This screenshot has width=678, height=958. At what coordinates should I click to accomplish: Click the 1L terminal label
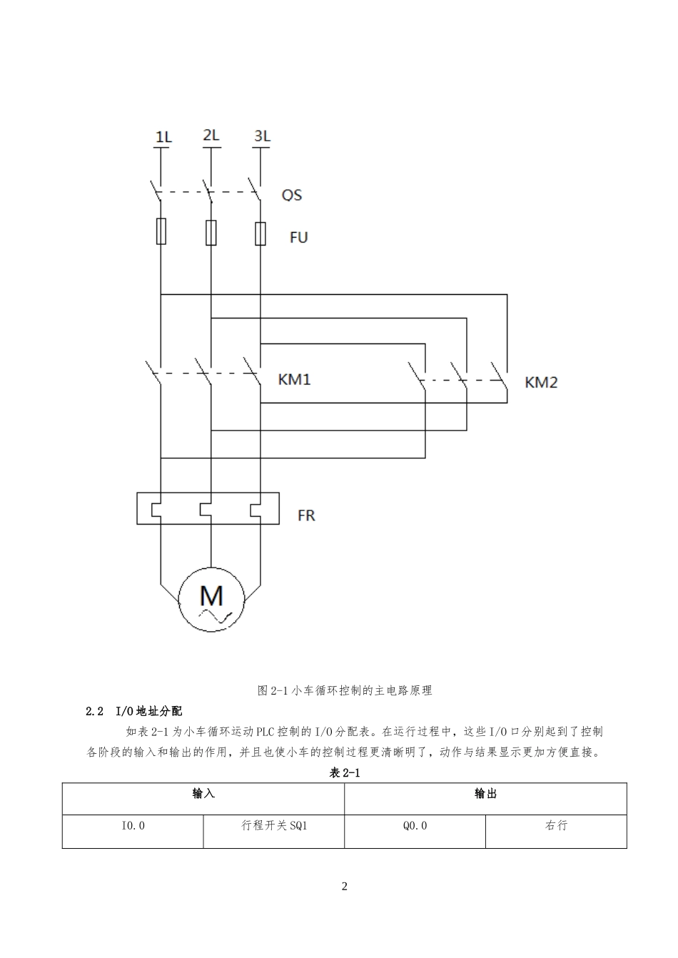[x=163, y=137]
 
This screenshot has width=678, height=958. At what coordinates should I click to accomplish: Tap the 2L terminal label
[x=211, y=135]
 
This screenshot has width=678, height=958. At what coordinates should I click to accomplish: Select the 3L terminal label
[x=262, y=136]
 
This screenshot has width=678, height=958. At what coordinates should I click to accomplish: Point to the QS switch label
[x=292, y=195]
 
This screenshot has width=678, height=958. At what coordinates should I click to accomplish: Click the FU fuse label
[x=299, y=238]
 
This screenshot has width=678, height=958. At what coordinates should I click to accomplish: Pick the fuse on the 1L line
[x=161, y=231]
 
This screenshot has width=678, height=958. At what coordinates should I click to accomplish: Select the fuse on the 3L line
[x=260, y=233]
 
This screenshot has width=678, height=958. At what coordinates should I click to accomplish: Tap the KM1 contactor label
[x=294, y=379]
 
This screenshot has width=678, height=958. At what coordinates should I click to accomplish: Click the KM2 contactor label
[x=541, y=382]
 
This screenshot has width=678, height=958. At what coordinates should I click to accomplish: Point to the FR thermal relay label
[x=306, y=515]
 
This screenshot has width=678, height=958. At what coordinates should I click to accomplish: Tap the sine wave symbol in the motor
[x=216, y=616]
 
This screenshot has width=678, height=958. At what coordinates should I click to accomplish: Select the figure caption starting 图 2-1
[x=345, y=690]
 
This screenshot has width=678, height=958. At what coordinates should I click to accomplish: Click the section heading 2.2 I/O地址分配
[x=133, y=711]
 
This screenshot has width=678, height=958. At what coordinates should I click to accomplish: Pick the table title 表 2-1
[x=345, y=772]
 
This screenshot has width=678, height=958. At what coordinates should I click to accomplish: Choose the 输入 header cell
[x=203, y=794]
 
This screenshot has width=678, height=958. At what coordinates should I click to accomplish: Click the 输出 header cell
[x=485, y=794]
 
